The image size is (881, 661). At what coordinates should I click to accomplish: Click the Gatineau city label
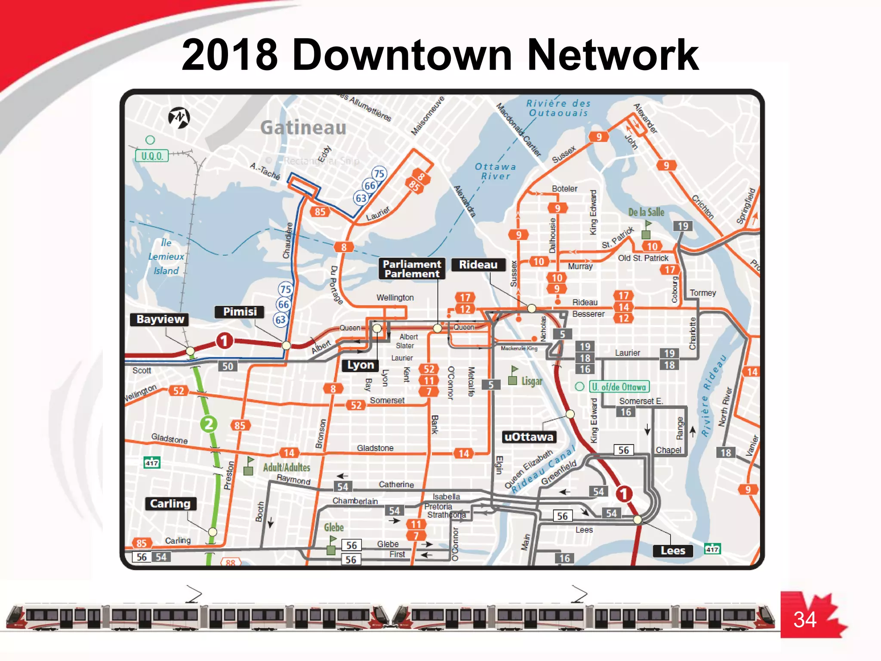coord(303,127)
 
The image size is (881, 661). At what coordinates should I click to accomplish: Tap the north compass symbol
coord(179,117)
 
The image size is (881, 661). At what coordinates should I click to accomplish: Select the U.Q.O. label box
coord(152,156)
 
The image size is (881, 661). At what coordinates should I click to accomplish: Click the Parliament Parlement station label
coord(412,269)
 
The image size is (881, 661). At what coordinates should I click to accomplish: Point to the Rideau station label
coord(478,265)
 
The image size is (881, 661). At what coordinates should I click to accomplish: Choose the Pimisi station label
coord(240,312)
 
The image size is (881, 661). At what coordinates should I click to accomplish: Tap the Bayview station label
coord(160,319)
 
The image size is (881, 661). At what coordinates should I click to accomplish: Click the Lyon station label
coord(360,365)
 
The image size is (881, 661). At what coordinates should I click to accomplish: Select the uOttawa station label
coord(529,437)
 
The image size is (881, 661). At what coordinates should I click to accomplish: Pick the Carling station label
coord(170,504)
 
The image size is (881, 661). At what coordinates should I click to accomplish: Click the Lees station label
coord(673,551)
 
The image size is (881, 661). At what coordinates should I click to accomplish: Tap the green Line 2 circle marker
coord(209,424)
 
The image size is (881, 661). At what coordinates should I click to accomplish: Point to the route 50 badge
coord(228,367)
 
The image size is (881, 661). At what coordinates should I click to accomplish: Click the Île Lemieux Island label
coord(166,257)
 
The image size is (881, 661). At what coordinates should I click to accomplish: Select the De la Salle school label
coord(646,212)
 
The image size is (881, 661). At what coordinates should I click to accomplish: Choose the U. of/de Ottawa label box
coord(619,387)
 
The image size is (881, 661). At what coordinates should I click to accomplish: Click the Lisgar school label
coord(532,381)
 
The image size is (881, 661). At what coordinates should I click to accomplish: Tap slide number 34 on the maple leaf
coord(805,620)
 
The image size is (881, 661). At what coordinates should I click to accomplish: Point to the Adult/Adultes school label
coord(286,467)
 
